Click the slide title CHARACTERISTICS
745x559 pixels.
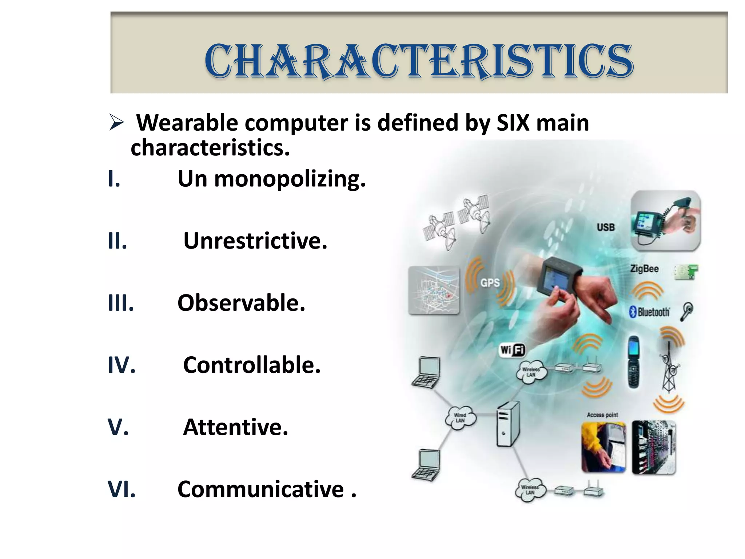pos(419,61)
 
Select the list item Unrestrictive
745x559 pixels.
pos(255,241)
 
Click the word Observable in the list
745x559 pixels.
pos(241,303)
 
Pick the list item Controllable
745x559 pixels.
pos(252,365)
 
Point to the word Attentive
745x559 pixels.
pos(235,427)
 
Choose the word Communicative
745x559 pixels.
pos(260,489)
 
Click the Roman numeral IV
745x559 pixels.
pos(121,365)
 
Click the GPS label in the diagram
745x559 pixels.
pos(490,283)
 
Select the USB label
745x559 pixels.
pos(606,227)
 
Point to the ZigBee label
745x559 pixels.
pos(644,269)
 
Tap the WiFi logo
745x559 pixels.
pos(512,350)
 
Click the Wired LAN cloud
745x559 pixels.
pos(460,417)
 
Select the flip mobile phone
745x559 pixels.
pos(634,362)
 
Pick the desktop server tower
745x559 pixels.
pos(508,424)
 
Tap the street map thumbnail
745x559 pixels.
pos(434,290)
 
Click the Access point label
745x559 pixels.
pos(602,415)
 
